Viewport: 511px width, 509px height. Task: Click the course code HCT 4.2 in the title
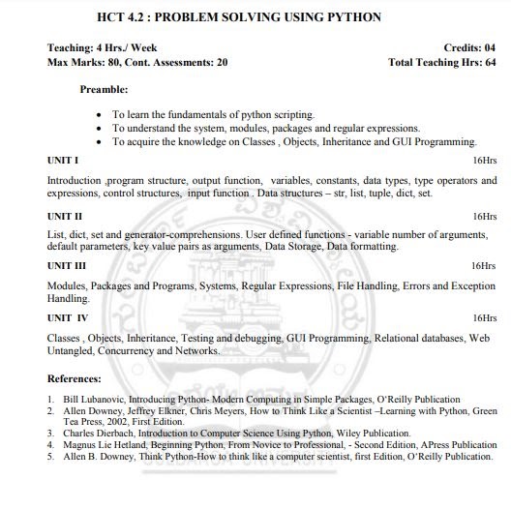pyautogui.click(x=126, y=17)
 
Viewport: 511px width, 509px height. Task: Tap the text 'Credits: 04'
pyautogui.click(x=469, y=47)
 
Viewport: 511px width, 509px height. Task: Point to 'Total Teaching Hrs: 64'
pyautogui.click(x=441, y=62)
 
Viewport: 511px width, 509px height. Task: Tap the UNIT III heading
pyautogui.click(x=67, y=265)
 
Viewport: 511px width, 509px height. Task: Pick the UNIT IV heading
pyautogui.click(x=68, y=317)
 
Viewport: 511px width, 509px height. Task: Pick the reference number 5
pyautogui.click(x=50, y=457)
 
